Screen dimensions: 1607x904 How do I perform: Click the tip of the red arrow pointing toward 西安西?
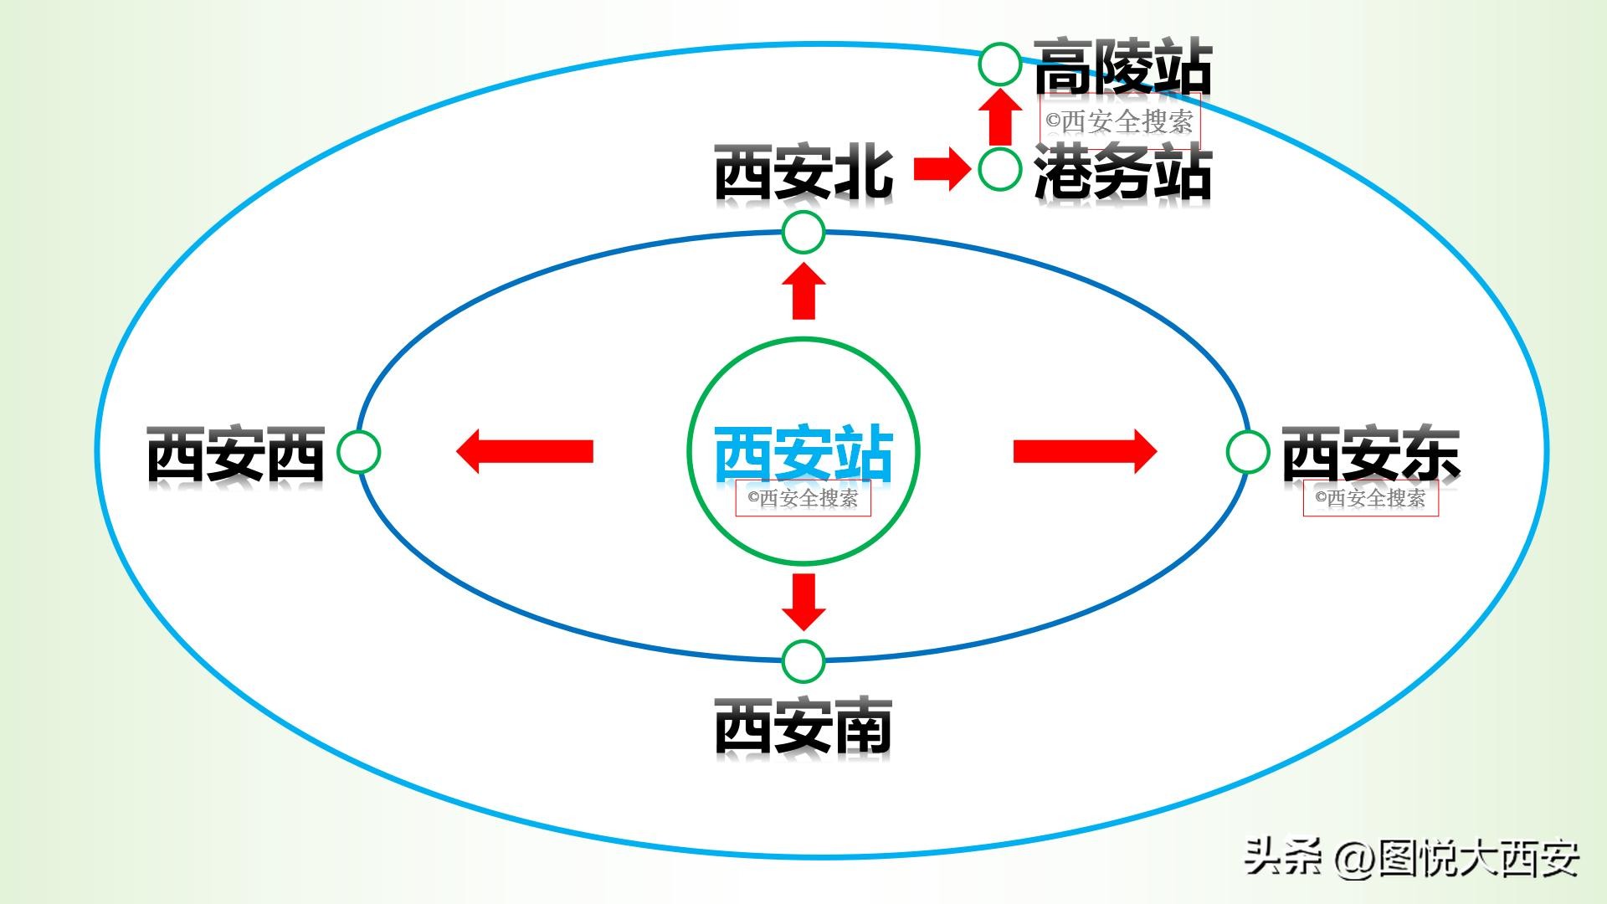point(456,452)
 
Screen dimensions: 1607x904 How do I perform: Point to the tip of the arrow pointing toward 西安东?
point(1158,452)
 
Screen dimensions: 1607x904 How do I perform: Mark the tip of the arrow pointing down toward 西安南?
point(803,631)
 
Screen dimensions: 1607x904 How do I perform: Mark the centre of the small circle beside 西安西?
point(358,452)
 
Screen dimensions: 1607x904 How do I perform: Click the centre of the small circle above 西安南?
point(803,662)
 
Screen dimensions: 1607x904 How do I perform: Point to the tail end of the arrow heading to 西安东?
point(1014,452)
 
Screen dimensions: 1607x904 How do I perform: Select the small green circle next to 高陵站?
point(999,64)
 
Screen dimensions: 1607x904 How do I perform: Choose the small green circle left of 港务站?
point(999,169)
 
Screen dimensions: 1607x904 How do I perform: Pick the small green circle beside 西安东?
point(1248,452)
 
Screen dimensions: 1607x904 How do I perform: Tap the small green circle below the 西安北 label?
point(803,233)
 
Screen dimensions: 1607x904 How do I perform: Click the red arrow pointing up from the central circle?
point(803,291)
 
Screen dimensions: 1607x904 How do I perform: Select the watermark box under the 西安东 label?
point(1370,498)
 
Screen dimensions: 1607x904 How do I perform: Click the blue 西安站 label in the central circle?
point(803,454)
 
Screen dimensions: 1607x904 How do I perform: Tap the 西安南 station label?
point(803,726)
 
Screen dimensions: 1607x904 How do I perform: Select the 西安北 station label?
point(803,172)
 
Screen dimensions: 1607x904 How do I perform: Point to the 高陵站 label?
point(1123,66)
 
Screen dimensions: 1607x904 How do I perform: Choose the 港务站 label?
point(1123,172)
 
